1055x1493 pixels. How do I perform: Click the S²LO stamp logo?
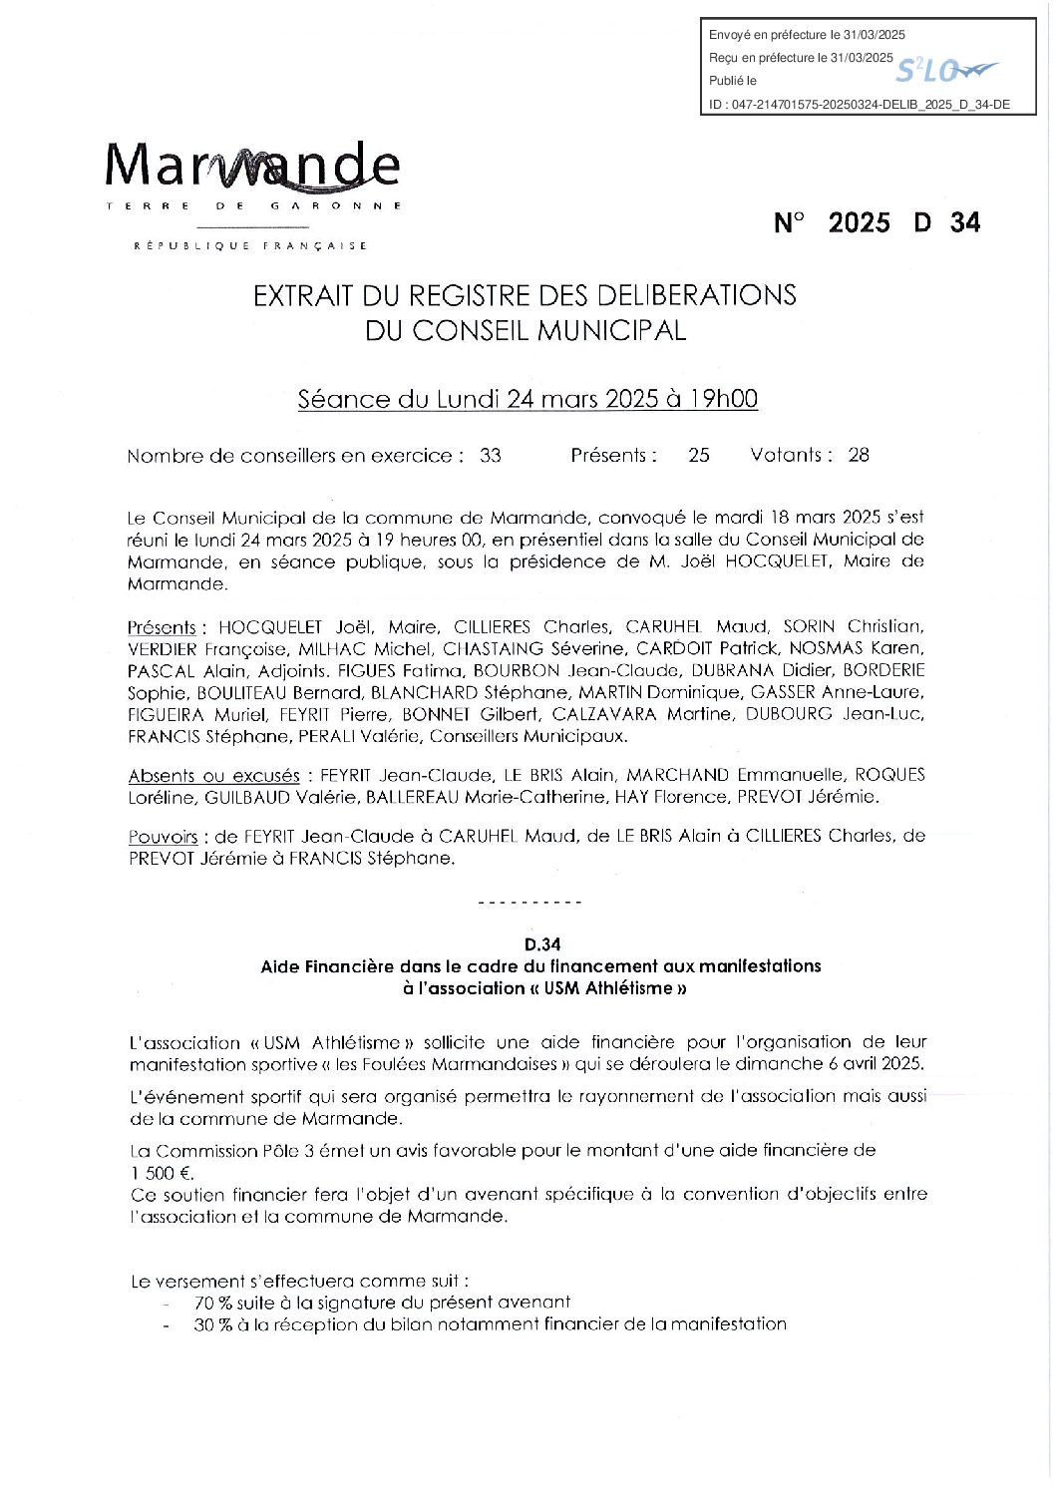(x=945, y=70)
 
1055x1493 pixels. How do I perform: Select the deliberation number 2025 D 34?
(x=878, y=222)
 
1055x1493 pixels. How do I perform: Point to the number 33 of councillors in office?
(x=490, y=456)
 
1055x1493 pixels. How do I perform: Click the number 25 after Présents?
(x=698, y=456)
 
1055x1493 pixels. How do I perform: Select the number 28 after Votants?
(x=858, y=456)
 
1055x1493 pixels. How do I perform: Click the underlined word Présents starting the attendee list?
(x=162, y=627)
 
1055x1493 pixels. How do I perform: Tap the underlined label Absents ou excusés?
(x=213, y=775)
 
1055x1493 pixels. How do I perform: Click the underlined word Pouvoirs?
(x=163, y=837)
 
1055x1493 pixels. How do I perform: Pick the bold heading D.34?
(x=542, y=943)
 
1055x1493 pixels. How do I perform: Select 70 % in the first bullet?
(x=212, y=1302)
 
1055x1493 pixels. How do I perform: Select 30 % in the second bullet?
(x=212, y=1324)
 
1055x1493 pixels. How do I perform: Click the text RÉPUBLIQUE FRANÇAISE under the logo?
(x=250, y=245)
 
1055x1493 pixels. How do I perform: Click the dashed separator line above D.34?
(x=530, y=903)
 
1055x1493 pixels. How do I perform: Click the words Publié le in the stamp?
(x=733, y=81)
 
